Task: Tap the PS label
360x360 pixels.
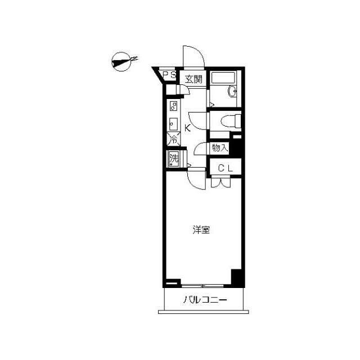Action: (x=169, y=75)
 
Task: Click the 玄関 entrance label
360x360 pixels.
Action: (x=194, y=79)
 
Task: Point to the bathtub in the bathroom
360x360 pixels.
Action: (x=223, y=78)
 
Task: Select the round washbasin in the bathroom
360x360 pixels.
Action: (x=232, y=91)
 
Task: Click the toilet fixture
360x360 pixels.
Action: (x=231, y=120)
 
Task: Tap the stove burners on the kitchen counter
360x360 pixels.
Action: (x=173, y=106)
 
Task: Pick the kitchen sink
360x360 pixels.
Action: (x=173, y=124)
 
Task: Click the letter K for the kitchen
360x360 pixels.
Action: (x=187, y=128)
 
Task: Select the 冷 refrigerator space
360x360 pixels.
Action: (x=174, y=139)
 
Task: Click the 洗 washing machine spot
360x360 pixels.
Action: (x=174, y=159)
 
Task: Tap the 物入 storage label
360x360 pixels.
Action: (x=220, y=147)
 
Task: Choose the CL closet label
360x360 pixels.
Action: (x=225, y=168)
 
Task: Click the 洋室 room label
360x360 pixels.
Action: (x=201, y=230)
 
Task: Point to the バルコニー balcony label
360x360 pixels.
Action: (x=205, y=300)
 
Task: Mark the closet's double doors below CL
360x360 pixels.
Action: (x=220, y=182)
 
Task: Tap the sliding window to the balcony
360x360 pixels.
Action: (x=202, y=286)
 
